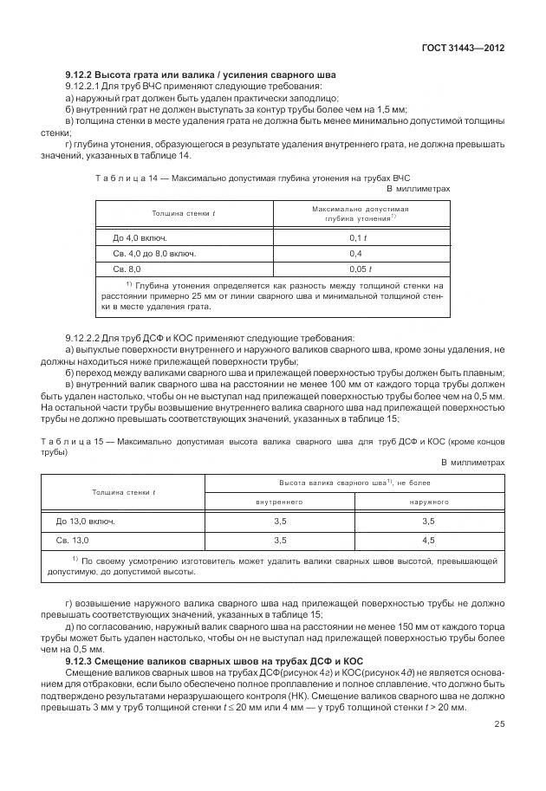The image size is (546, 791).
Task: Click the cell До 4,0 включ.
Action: pyautogui.click(x=140, y=237)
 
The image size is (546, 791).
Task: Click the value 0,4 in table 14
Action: pyautogui.click(x=355, y=253)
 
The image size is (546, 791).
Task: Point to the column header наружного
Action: pyautogui.click(x=428, y=502)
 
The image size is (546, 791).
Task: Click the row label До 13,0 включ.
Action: pyautogui.click(x=85, y=522)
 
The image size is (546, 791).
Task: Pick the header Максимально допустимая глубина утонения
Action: pyautogui.click(x=360, y=214)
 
